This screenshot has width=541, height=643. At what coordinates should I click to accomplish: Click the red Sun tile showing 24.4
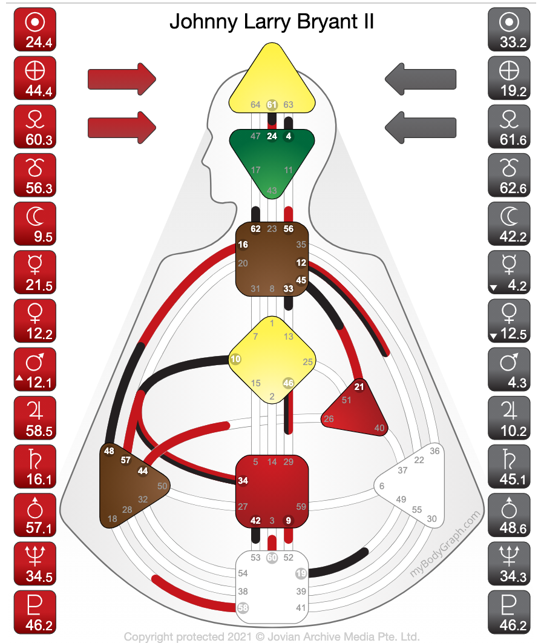click(x=34, y=30)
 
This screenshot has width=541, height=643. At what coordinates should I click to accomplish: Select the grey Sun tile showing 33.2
click(x=509, y=30)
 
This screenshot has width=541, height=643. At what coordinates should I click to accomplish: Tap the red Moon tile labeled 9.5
click(x=34, y=223)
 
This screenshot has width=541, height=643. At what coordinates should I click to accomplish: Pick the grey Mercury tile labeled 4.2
click(x=509, y=272)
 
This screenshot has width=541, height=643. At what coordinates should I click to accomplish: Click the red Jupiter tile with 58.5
click(x=34, y=417)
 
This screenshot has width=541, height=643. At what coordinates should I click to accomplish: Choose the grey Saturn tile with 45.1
click(x=509, y=466)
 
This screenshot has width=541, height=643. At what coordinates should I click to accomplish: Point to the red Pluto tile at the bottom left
click(x=34, y=611)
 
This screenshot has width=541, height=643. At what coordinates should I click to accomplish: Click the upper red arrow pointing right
click(x=122, y=79)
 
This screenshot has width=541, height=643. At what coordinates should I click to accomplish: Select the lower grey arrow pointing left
click(x=421, y=127)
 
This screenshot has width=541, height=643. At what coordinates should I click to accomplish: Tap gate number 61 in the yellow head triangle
click(x=272, y=105)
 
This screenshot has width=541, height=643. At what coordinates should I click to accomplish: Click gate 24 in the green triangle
click(x=272, y=136)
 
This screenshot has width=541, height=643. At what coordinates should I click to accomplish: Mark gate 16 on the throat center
click(x=243, y=245)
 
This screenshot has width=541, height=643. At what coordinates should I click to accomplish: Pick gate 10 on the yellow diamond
click(x=235, y=359)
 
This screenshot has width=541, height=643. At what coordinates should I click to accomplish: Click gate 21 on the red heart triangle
click(x=359, y=387)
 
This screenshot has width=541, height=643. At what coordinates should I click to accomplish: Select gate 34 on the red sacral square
click(x=243, y=481)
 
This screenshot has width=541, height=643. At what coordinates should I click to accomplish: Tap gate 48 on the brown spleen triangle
click(x=109, y=450)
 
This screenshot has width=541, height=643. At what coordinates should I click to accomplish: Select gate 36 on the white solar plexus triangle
click(x=434, y=450)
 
